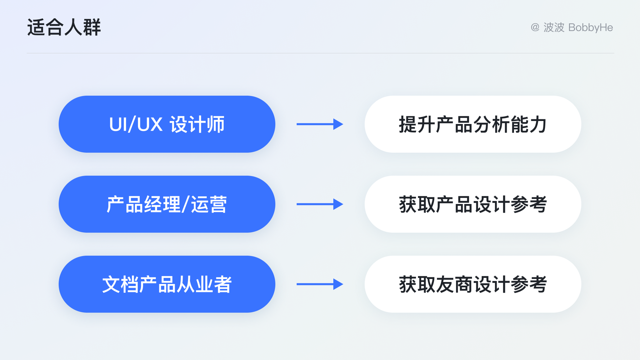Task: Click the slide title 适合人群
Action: [x=64, y=27]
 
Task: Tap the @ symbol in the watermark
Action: [x=535, y=27]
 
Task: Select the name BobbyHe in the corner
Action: [x=590, y=27]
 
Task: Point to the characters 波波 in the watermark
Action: [x=554, y=27]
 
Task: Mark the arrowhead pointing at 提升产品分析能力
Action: [x=338, y=124]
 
